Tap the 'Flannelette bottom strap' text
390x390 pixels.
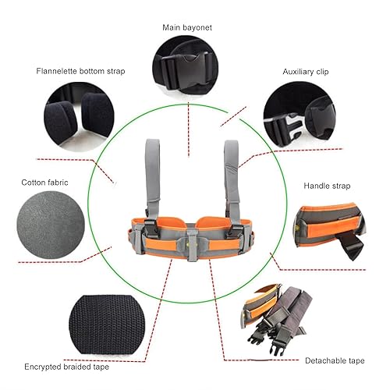[x=80, y=71]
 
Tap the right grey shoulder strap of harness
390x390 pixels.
[x=232, y=175]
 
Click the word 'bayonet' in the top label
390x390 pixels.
[x=202, y=27]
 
